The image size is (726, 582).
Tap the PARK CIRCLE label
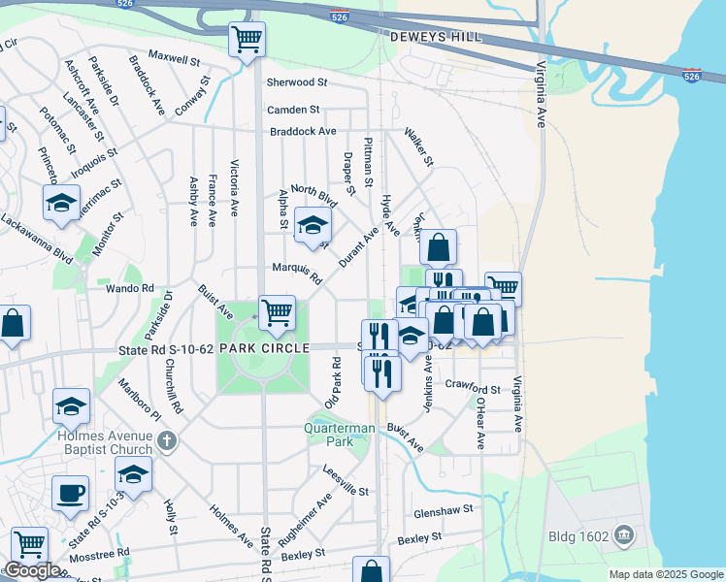(264, 347)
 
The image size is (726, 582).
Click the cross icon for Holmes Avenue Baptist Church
(167, 442)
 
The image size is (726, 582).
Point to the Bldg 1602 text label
(579, 534)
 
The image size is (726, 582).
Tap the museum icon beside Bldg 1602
(623, 534)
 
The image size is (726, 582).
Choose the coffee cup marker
(70, 493)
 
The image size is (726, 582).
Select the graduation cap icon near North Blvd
(313, 226)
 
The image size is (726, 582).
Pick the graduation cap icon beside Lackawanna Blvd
(61, 203)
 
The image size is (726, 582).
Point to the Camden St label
(294, 111)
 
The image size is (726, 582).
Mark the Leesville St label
(346, 481)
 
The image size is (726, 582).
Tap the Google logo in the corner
(32, 570)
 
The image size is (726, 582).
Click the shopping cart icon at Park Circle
(278, 311)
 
